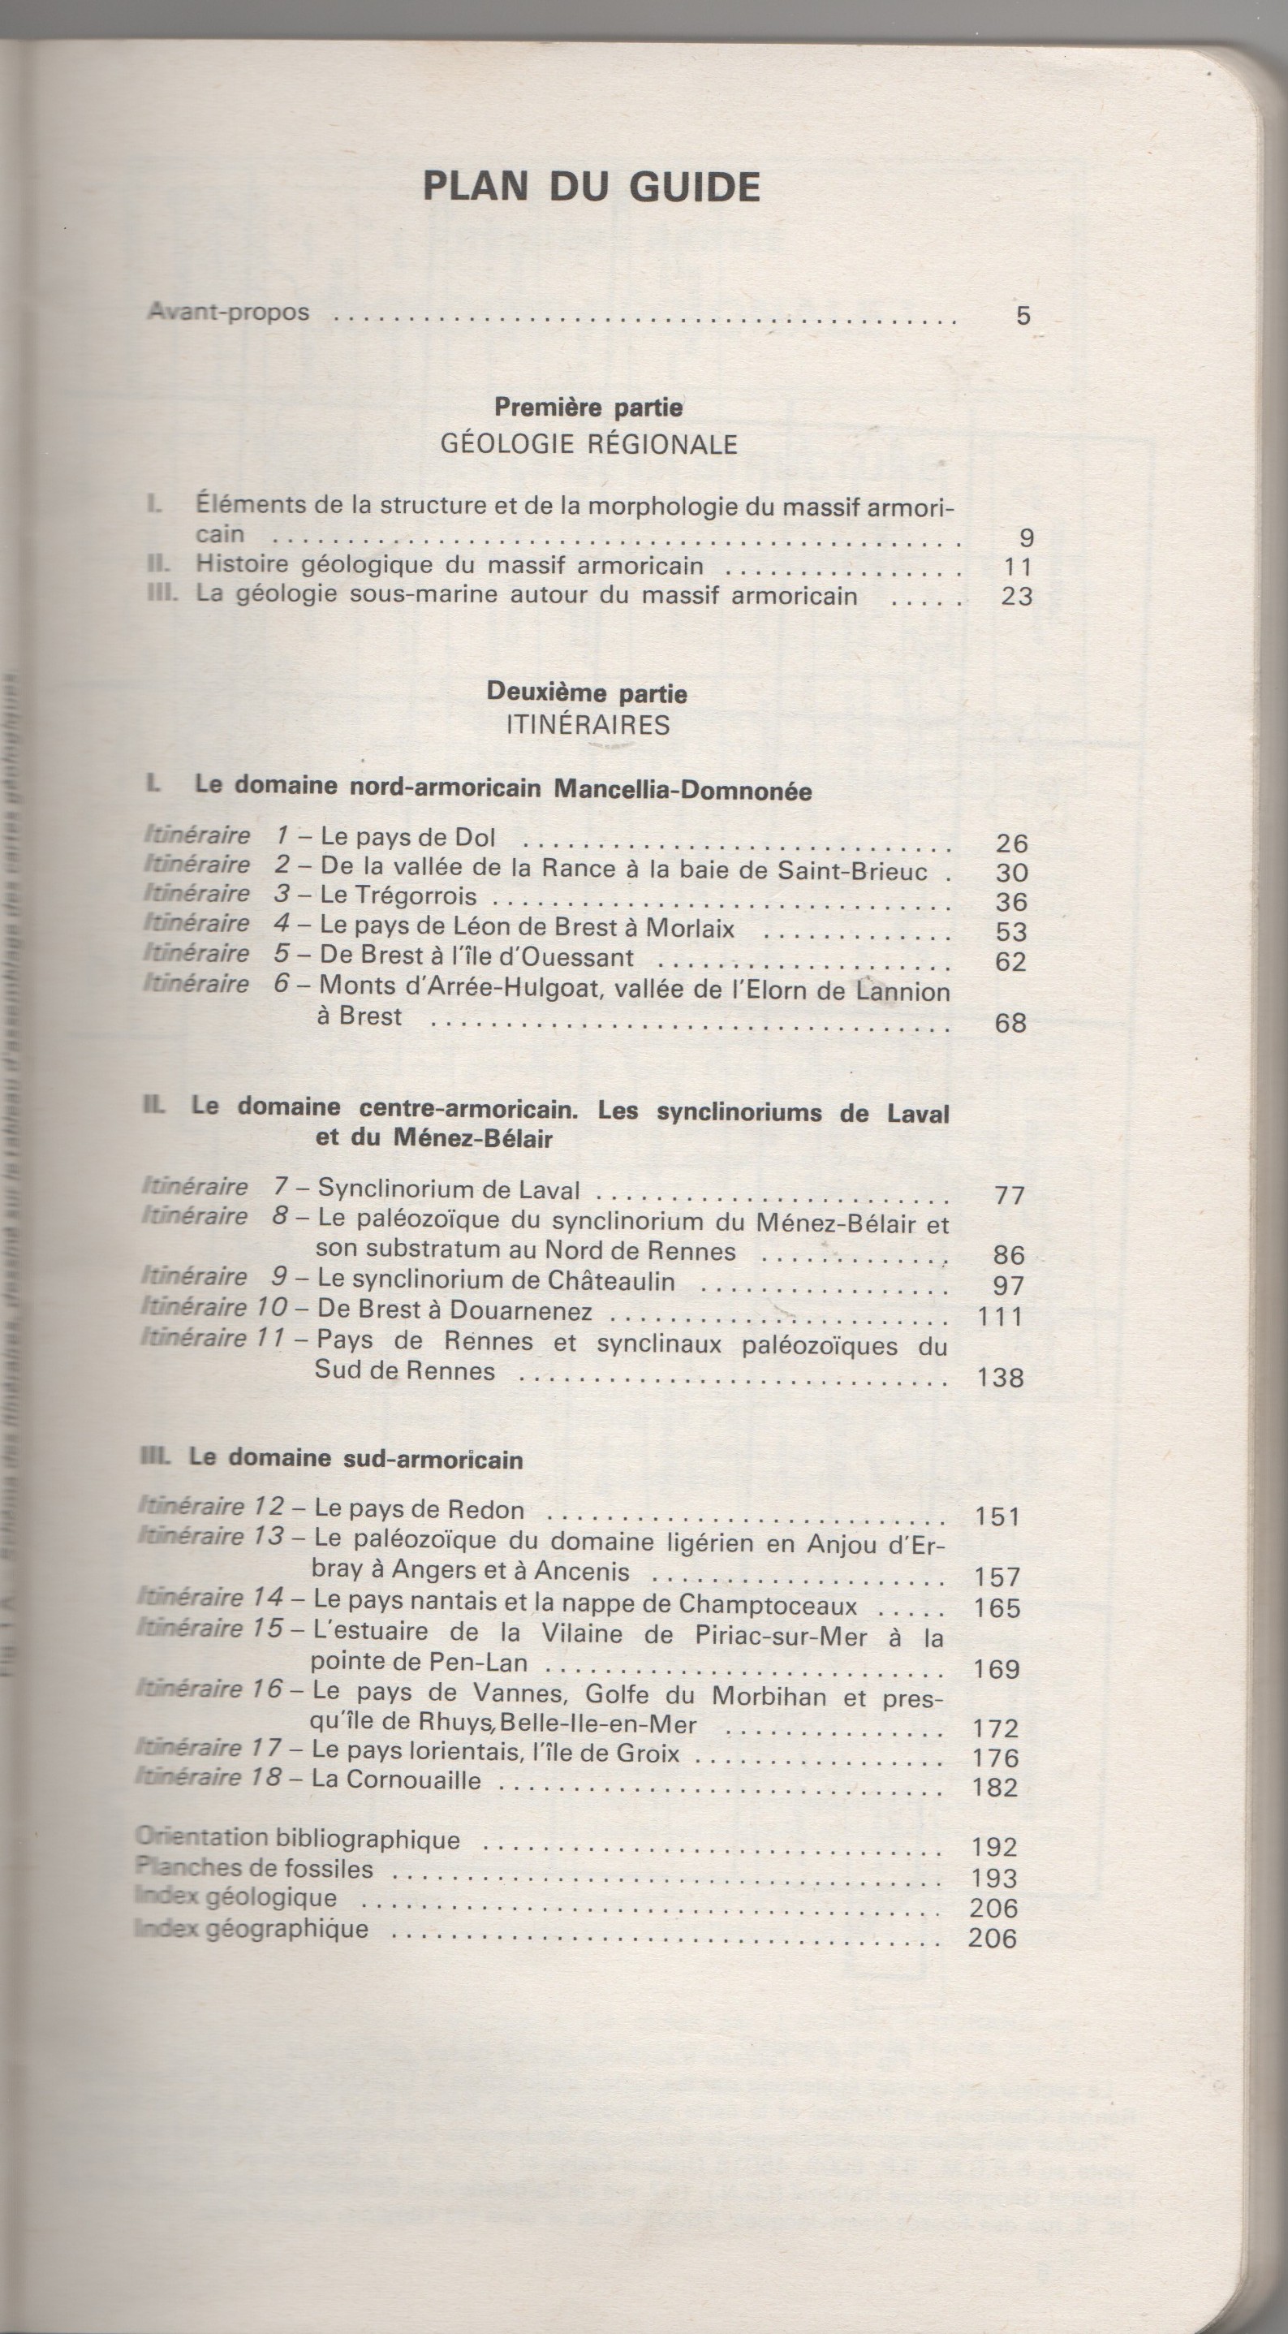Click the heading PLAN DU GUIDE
[x=591, y=187]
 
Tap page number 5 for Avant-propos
[x=1023, y=317]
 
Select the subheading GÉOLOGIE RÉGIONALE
[x=588, y=444]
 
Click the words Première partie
[x=588, y=408]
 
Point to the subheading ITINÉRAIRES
[x=588, y=725]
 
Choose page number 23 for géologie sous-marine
[x=1016, y=596]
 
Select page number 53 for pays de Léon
[x=1010, y=931]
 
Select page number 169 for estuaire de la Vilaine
[x=997, y=1669]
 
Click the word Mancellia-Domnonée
[x=682, y=790]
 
